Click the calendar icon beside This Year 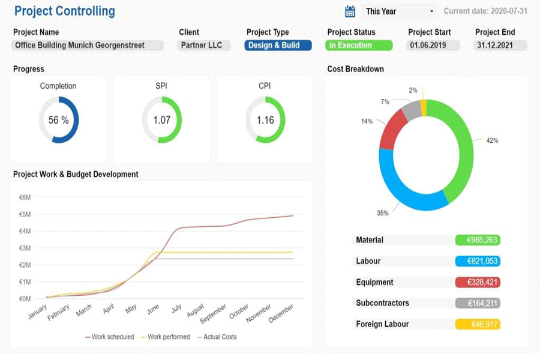click(x=350, y=11)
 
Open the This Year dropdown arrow click(x=431, y=11)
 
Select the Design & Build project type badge click(x=278, y=46)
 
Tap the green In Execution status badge click(x=359, y=46)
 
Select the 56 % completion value click(x=59, y=120)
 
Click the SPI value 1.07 click(x=162, y=120)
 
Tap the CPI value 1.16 click(x=265, y=120)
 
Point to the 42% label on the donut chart click(x=492, y=140)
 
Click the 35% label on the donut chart click(x=383, y=213)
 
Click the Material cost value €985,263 click(x=478, y=240)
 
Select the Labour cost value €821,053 click(x=478, y=261)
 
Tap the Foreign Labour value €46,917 click(x=478, y=324)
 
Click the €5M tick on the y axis click(x=25, y=214)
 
